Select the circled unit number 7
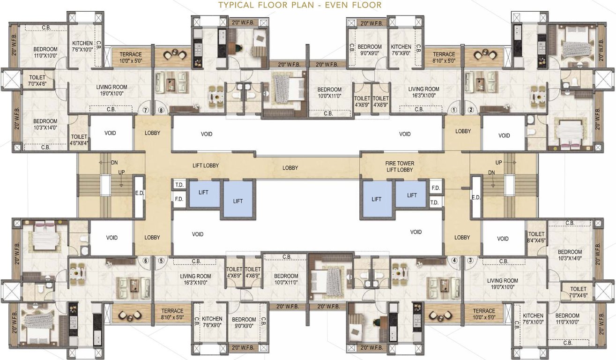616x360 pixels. click(146, 111)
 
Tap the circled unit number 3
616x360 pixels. click(470, 260)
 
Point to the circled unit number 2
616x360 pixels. click(470, 111)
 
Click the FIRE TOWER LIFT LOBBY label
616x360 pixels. click(399, 166)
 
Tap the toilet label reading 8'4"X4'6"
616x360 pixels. click(536, 237)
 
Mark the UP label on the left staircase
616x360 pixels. click(121, 172)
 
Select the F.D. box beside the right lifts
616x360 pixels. click(435, 187)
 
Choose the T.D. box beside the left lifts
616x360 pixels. click(179, 185)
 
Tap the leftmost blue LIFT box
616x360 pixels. click(204, 193)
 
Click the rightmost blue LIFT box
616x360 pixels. click(412, 195)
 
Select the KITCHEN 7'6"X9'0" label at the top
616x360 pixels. click(401, 50)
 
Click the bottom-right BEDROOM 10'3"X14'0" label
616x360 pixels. click(569, 255)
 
